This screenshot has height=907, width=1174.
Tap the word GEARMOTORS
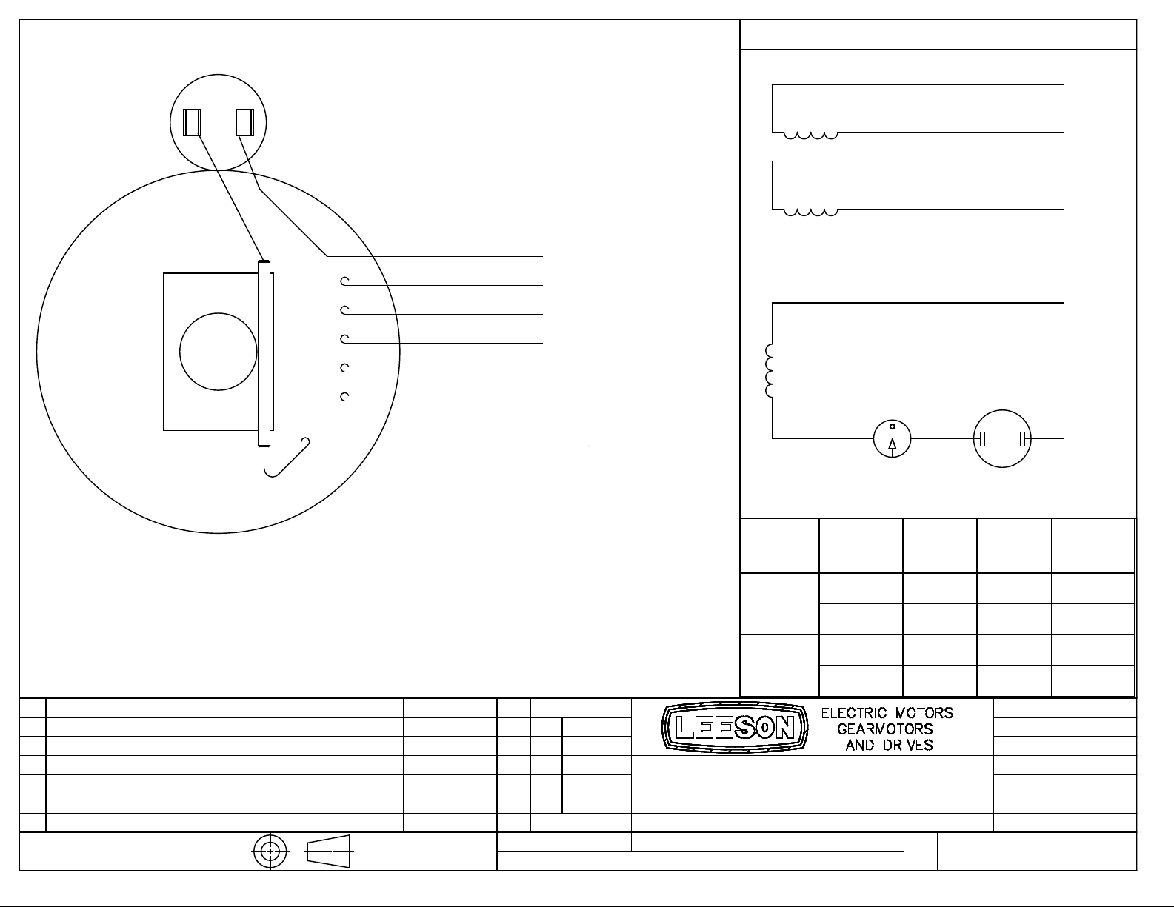(885, 729)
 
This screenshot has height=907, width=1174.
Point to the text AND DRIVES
(889, 745)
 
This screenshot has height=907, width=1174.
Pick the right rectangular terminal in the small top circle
(245, 122)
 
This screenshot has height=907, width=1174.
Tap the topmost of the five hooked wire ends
(344, 281)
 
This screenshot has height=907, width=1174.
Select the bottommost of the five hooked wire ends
(344, 398)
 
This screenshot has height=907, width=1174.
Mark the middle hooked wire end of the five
(344, 340)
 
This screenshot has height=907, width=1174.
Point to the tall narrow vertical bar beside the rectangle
(264, 353)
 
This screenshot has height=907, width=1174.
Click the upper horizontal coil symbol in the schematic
(811, 135)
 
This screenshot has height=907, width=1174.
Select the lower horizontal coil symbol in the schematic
(811, 212)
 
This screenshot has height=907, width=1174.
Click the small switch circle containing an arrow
(892, 439)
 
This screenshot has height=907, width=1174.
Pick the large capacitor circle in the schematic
(1001, 439)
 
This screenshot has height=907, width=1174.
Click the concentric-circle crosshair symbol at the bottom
(270, 851)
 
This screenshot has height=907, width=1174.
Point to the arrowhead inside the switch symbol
(892, 444)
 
